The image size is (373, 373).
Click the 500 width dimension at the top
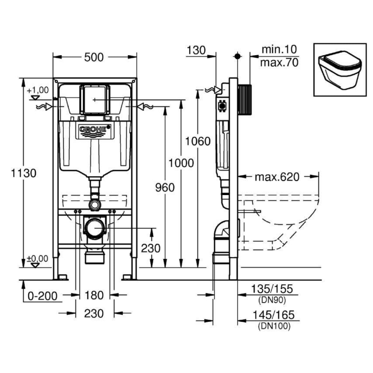pyautogui.click(x=94, y=57)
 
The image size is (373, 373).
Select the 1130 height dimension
pyautogui.click(x=23, y=173)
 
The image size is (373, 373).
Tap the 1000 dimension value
pyautogui.click(x=181, y=163)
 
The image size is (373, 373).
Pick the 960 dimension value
pyautogui.click(x=164, y=188)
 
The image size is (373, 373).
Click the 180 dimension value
pyautogui.click(x=94, y=295)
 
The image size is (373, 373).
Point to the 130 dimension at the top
pyautogui.click(x=197, y=50)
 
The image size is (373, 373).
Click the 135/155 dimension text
pyautogui.click(x=275, y=289)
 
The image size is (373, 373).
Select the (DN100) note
pyautogui.click(x=274, y=326)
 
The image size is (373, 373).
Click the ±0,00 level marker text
pyautogui.click(x=37, y=258)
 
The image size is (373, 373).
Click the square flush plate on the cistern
pyautogui.click(x=95, y=99)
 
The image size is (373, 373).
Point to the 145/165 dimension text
pyautogui.click(x=275, y=316)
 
